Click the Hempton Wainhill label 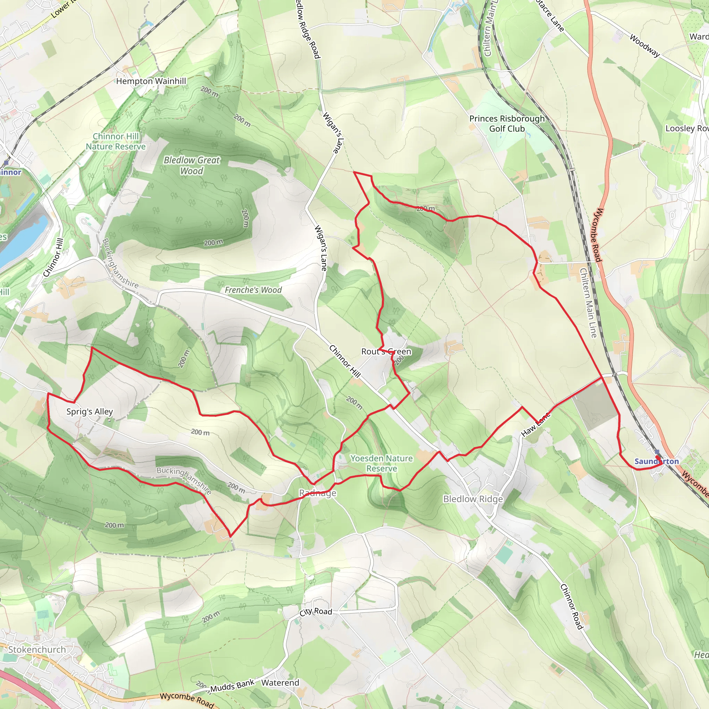(x=151, y=81)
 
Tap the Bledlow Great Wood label (x=191, y=165)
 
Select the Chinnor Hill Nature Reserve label (x=116, y=141)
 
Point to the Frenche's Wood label (x=253, y=290)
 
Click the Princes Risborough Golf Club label (x=507, y=124)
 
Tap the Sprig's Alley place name (x=90, y=411)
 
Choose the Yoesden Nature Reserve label (x=381, y=463)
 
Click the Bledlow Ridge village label (x=473, y=499)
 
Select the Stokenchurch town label (x=37, y=649)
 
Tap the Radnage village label (x=317, y=493)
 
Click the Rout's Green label (x=386, y=352)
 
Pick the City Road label (x=316, y=611)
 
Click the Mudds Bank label (x=232, y=685)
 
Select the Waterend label (x=280, y=683)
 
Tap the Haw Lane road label (x=536, y=424)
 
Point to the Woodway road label (x=644, y=45)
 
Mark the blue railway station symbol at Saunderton (x=657, y=452)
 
